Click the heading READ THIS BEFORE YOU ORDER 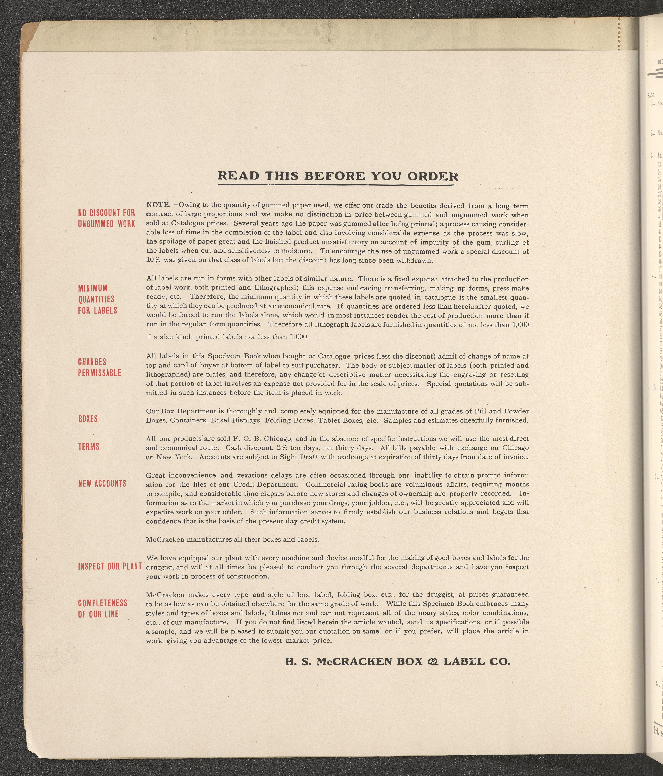pos(337,176)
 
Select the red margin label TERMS pos(89,447)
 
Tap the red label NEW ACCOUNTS pos(102,484)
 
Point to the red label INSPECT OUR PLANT pos(110,566)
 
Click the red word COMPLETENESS pos(103,603)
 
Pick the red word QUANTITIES pos(96,299)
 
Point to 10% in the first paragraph pos(153,260)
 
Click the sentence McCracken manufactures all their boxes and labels pos(232,540)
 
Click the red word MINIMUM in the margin pos(93,288)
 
